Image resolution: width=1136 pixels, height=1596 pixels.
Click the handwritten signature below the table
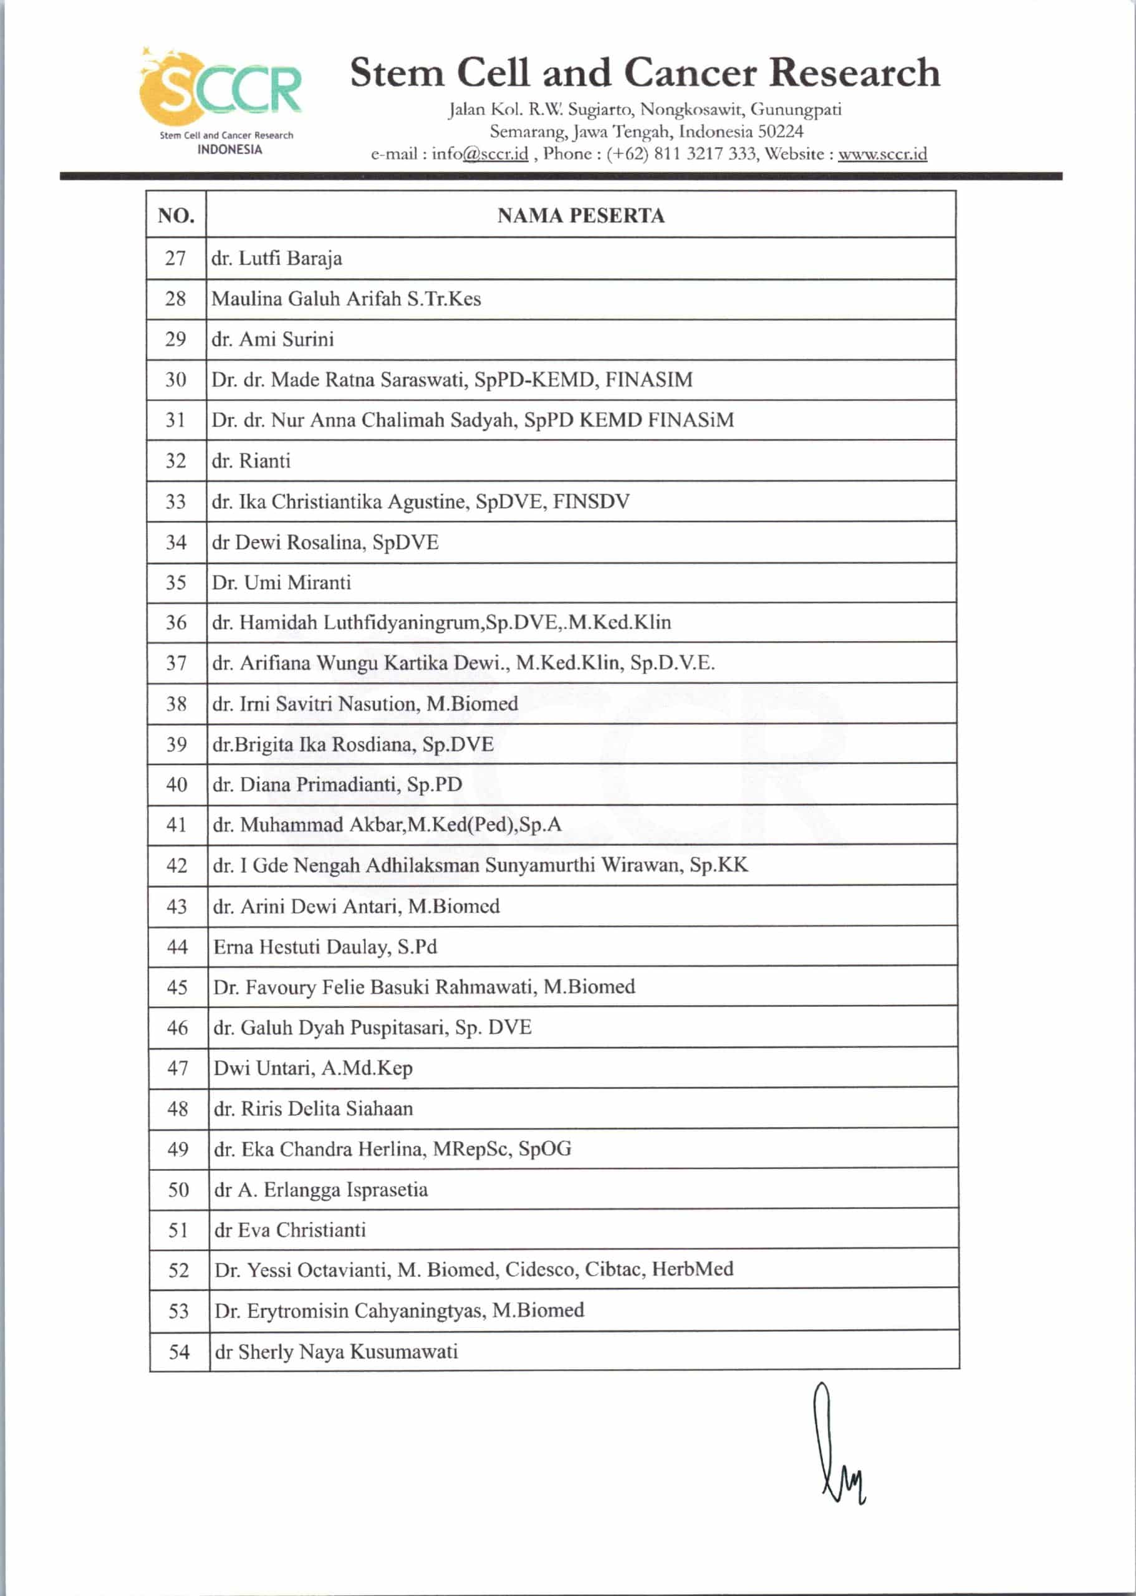[x=837, y=1445]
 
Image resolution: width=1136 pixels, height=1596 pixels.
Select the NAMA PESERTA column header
[x=580, y=216]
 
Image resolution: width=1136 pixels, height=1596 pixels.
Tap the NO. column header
[x=176, y=216]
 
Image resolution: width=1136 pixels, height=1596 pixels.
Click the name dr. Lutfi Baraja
[x=277, y=259]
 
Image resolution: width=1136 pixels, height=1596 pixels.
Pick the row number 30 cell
[x=176, y=380]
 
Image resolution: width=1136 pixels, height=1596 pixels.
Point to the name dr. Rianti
[x=251, y=461]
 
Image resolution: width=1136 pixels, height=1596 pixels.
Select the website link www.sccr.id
[x=882, y=154]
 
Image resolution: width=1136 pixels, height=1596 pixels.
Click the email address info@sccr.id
[x=479, y=154]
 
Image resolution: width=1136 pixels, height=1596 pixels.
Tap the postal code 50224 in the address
[x=781, y=132]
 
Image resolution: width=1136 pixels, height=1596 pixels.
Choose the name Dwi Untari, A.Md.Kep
[x=312, y=1068]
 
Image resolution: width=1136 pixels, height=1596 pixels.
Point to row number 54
[x=179, y=1351]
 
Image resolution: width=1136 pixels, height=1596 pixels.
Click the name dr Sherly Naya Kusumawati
[x=337, y=1351]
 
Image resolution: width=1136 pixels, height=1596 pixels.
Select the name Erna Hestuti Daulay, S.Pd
[x=325, y=947]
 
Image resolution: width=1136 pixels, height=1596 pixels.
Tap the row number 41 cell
[x=177, y=825]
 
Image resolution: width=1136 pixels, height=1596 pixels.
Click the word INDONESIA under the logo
[x=229, y=150]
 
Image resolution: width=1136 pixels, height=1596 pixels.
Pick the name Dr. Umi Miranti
[x=281, y=582]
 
